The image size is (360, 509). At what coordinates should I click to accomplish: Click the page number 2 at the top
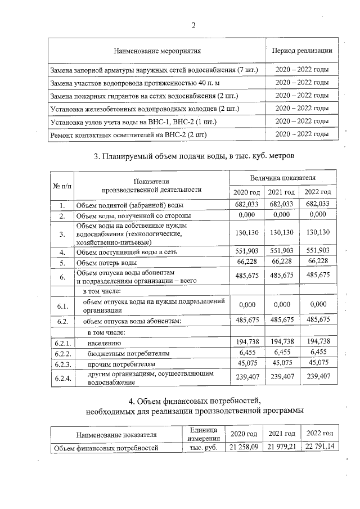click(x=193, y=25)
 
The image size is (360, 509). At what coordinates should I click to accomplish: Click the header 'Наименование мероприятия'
click(x=157, y=51)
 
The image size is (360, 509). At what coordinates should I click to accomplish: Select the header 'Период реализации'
click(x=301, y=51)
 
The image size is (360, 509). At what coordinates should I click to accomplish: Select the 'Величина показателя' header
click(x=283, y=178)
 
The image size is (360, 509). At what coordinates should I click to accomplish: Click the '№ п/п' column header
click(x=62, y=184)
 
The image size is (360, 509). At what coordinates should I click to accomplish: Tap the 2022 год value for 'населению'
click(x=318, y=341)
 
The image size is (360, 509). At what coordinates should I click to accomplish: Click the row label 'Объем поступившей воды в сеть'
click(x=127, y=252)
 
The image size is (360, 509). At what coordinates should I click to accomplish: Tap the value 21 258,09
click(x=244, y=447)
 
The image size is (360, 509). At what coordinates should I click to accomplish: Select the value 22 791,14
click(x=318, y=447)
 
